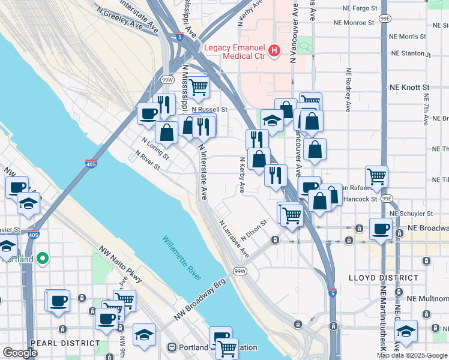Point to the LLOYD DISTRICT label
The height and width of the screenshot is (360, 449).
pos(384,278)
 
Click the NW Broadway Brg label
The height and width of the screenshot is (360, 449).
pos(200,299)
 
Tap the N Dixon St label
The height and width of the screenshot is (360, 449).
pos(255,231)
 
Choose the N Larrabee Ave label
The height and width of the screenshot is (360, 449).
pos(234,238)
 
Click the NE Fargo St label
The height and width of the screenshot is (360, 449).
pos(360,9)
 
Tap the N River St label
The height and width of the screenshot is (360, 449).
pos(146,161)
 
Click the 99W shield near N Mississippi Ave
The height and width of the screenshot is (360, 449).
pos(167,79)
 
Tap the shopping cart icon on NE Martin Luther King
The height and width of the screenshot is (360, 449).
pos(377,176)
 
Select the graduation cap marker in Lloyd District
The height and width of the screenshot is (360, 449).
pos(406,331)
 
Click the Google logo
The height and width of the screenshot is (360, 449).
pos(20,353)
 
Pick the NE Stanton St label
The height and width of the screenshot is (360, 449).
pos(410,53)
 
